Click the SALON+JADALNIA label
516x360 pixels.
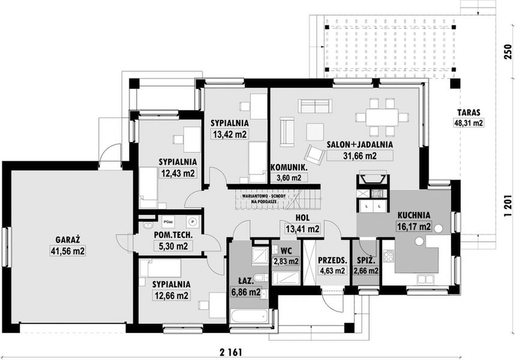(360, 145)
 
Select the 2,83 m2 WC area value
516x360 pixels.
(285, 261)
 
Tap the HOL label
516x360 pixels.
(302, 218)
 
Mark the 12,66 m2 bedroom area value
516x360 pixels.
(171, 295)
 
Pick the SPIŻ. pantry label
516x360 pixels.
(366, 262)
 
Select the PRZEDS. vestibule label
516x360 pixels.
(331, 261)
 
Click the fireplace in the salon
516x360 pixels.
(372, 178)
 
